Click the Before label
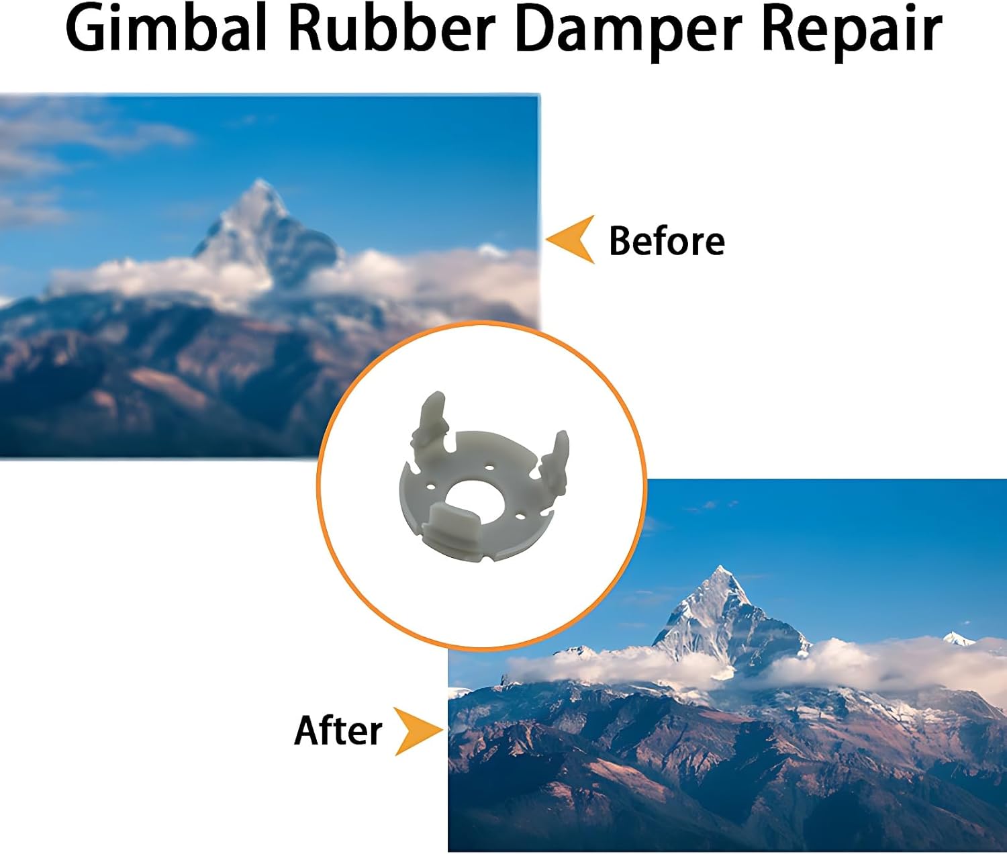click(x=667, y=240)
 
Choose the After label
click(x=338, y=730)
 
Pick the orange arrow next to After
click(x=418, y=731)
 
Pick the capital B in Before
click(x=620, y=240)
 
